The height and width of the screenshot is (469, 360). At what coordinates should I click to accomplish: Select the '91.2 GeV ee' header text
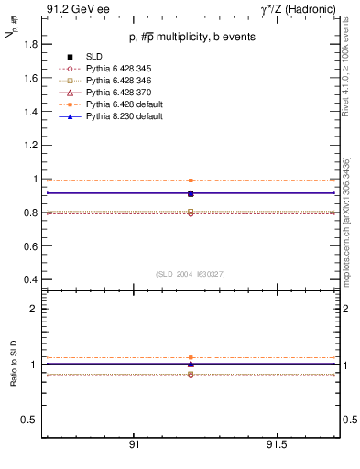tap(71, 8)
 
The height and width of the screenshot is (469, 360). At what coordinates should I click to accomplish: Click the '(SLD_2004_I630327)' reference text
tap(191, 273)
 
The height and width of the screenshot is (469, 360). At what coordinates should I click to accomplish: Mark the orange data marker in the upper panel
tap(191, 180)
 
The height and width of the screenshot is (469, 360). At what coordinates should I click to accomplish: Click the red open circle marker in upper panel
tap(191, 213)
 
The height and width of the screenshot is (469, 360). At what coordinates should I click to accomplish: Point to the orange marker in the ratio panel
tap(191, 357)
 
